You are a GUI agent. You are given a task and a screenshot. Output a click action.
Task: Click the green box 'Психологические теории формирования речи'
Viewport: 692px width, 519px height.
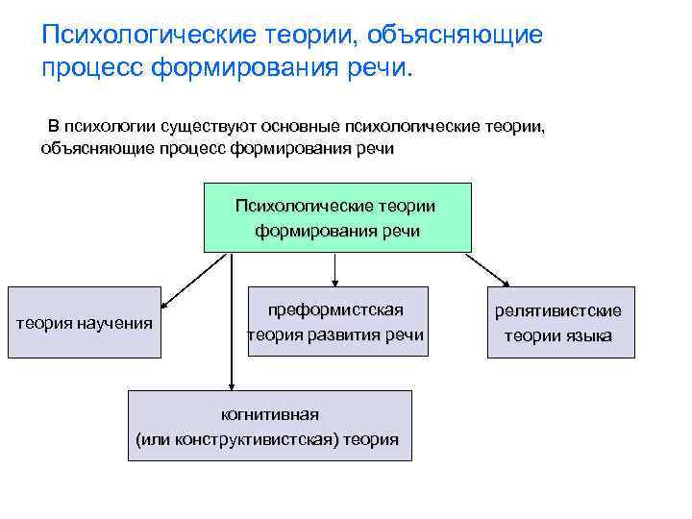coord(337,218)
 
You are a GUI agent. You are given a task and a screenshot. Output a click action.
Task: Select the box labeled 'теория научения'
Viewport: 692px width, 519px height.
coord(86,323)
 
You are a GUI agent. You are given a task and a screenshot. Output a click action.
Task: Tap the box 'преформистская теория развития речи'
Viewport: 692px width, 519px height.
coord(335,322)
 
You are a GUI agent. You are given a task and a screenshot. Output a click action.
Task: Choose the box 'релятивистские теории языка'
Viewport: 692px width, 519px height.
coord(560,323)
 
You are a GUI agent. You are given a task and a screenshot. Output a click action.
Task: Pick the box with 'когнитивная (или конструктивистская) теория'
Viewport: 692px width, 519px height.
coord(269,426)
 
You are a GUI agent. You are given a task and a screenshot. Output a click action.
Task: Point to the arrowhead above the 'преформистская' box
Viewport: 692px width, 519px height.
coord(334,282)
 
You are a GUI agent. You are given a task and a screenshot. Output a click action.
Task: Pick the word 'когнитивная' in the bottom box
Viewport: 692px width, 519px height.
coord(269,414)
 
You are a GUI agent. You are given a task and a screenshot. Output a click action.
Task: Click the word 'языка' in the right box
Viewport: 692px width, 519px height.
coord(590,336)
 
